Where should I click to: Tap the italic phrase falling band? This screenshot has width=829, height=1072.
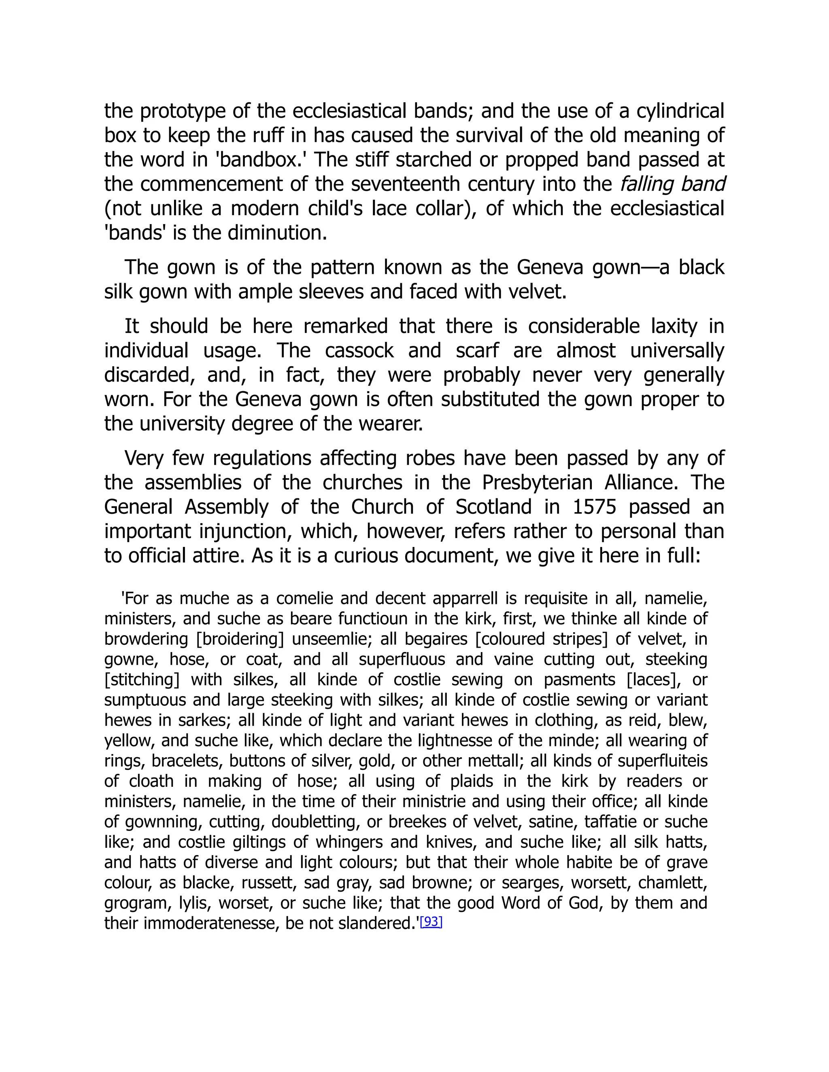(x=672, y=184)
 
